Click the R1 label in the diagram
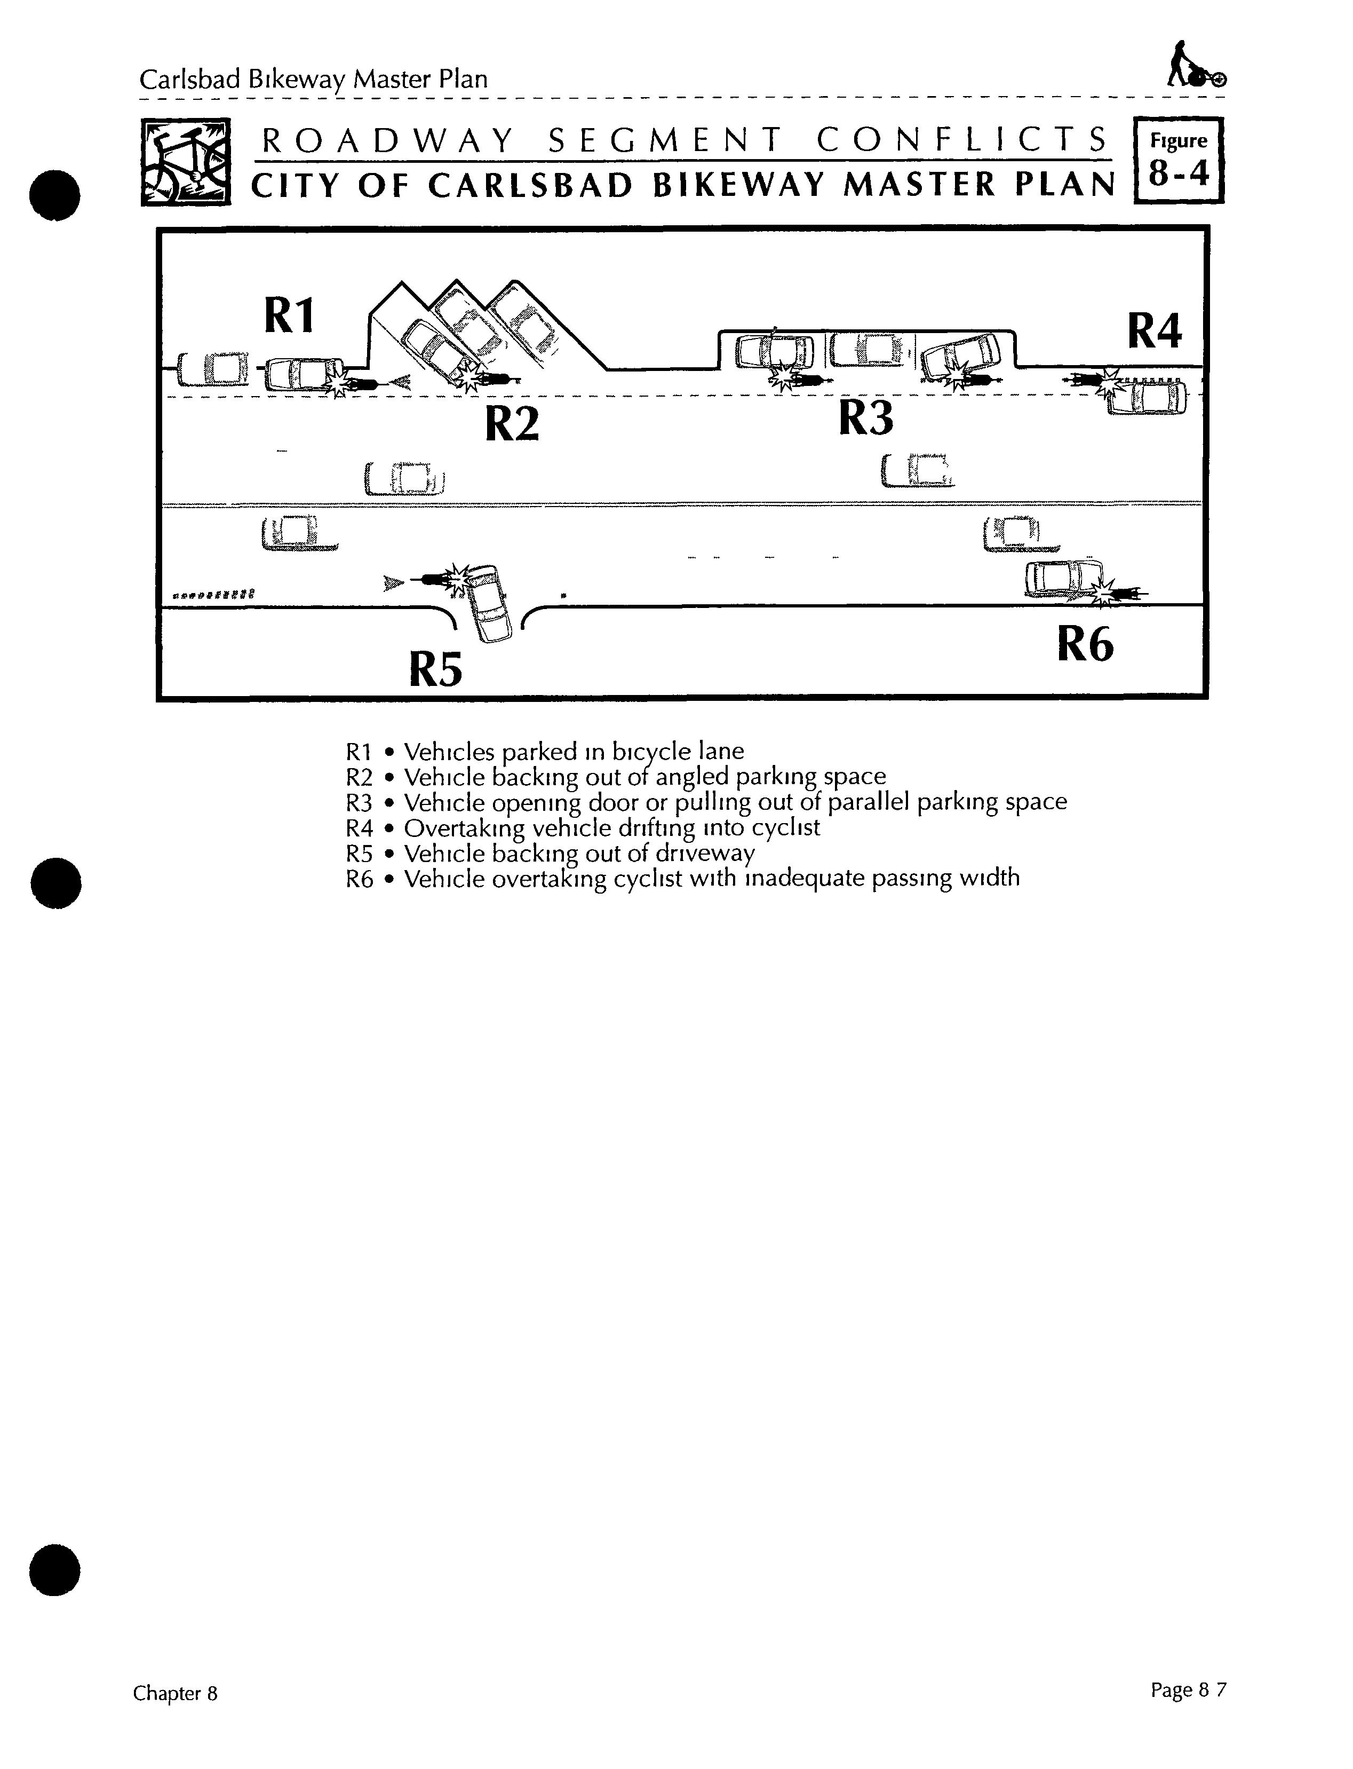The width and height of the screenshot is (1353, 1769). point(288,316)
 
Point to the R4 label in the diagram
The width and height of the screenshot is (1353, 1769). point(1154,331)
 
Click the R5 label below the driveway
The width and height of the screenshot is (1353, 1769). point(436,669)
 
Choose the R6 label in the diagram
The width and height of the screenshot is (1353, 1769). point(1085,644)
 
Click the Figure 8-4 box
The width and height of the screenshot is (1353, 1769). point(1178,160)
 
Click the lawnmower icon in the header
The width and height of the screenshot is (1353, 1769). point(1195,66)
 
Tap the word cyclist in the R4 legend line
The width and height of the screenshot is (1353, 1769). point(785,828)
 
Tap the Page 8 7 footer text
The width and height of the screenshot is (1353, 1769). point(1188,1690)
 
